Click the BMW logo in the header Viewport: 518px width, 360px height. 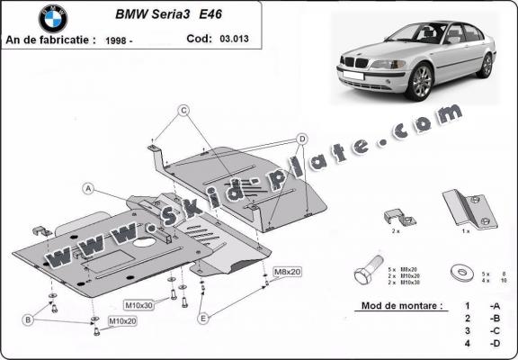[53, 19]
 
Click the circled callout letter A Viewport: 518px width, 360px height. [89, 188]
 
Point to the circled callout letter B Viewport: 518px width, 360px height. [29, 319]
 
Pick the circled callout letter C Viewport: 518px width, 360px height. [183, 111]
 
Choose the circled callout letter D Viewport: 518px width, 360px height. [302, 138]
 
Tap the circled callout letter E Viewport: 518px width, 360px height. [204, 318]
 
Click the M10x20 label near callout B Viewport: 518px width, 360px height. [122, 320]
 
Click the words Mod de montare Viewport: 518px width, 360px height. [400, 306]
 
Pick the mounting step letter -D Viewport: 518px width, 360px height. [494, 343]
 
